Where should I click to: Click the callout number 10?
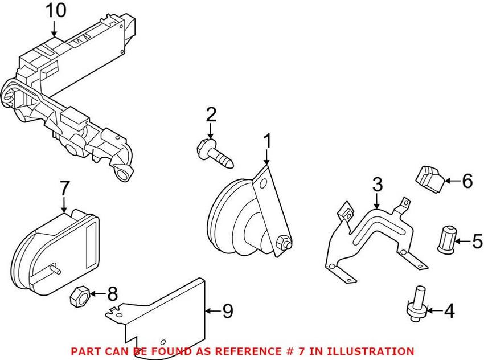[x=55, y=10]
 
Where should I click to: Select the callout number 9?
[x=227, y=311]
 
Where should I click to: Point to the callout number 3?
[x=378, y=185]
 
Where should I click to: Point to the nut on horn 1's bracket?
[x=281, y=244]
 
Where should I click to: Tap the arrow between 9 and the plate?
[x=212, y=311]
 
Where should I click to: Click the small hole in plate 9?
[x=163, y=341]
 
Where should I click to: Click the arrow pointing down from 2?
[x=211, y=130]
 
